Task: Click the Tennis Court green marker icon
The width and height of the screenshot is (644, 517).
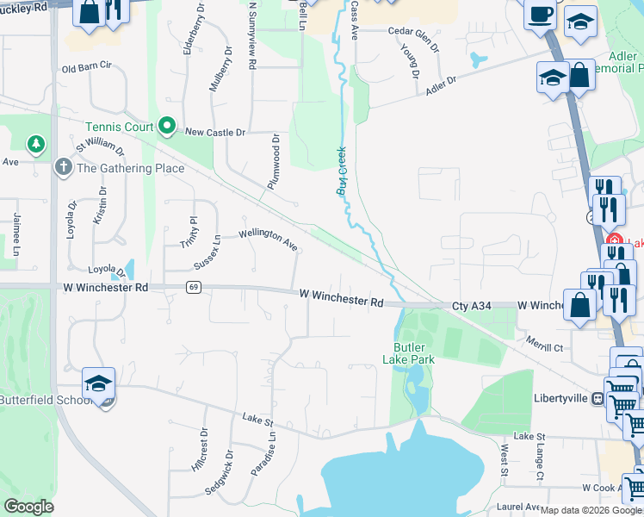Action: point(167,128)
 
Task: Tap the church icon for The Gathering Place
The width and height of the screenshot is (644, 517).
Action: point(62,167)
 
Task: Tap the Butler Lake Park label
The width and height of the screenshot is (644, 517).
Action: point(409,352)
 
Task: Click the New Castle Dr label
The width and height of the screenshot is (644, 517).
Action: point(215,133)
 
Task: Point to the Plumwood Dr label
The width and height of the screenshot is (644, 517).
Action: point(275,161)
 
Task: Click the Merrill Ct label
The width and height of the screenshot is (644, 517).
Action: point(545,347)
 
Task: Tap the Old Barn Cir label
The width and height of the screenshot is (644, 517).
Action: point(87,65)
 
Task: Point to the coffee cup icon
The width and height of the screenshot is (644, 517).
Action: point(540,15)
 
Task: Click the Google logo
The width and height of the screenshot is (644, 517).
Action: point(28,507)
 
